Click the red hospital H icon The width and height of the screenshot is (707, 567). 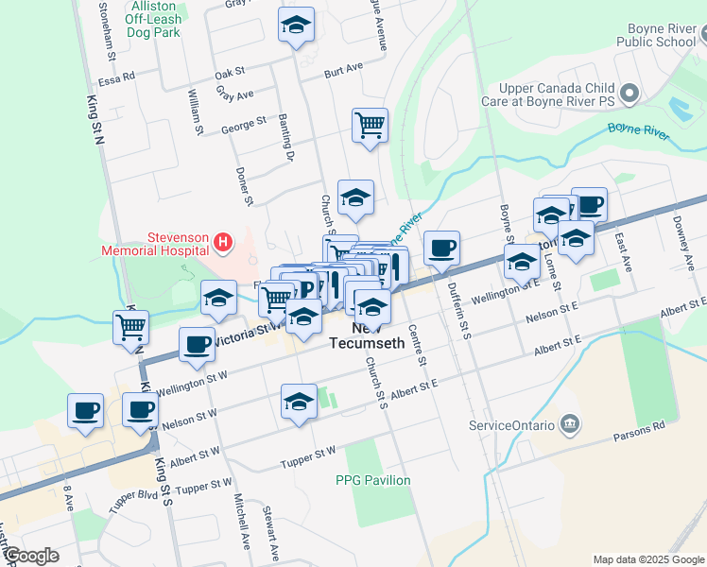222,243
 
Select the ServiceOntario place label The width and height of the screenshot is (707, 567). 510,425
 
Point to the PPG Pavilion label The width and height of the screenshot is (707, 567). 373,480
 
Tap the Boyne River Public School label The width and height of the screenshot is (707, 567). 655,35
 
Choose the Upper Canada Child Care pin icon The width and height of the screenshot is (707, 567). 632,93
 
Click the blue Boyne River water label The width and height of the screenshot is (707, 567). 638,130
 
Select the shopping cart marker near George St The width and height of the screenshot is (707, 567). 370,124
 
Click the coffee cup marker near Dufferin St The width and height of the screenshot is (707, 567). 441,248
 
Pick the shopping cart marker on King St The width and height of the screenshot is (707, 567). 131,326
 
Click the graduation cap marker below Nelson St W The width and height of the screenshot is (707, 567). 299,401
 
